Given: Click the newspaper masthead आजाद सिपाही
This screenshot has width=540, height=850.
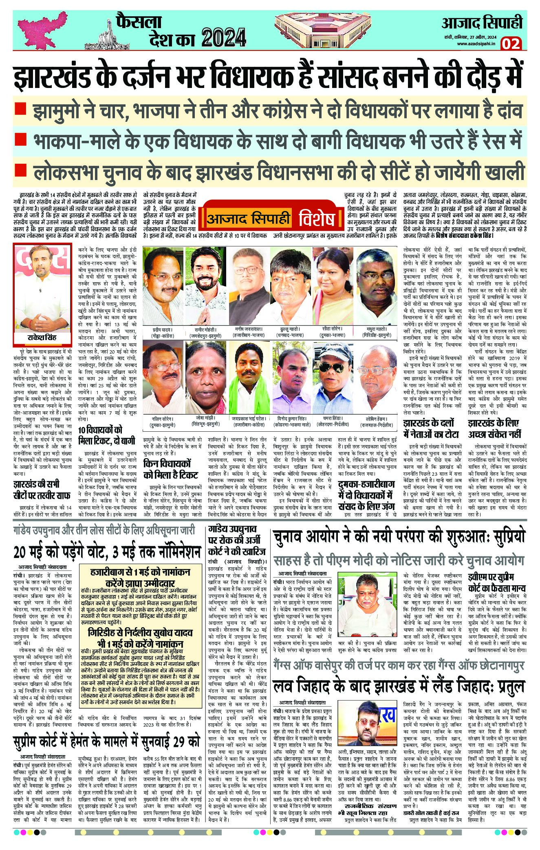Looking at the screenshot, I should tap(483, 23).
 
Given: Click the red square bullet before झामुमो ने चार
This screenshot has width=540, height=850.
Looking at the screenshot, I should tap(20, 110).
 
